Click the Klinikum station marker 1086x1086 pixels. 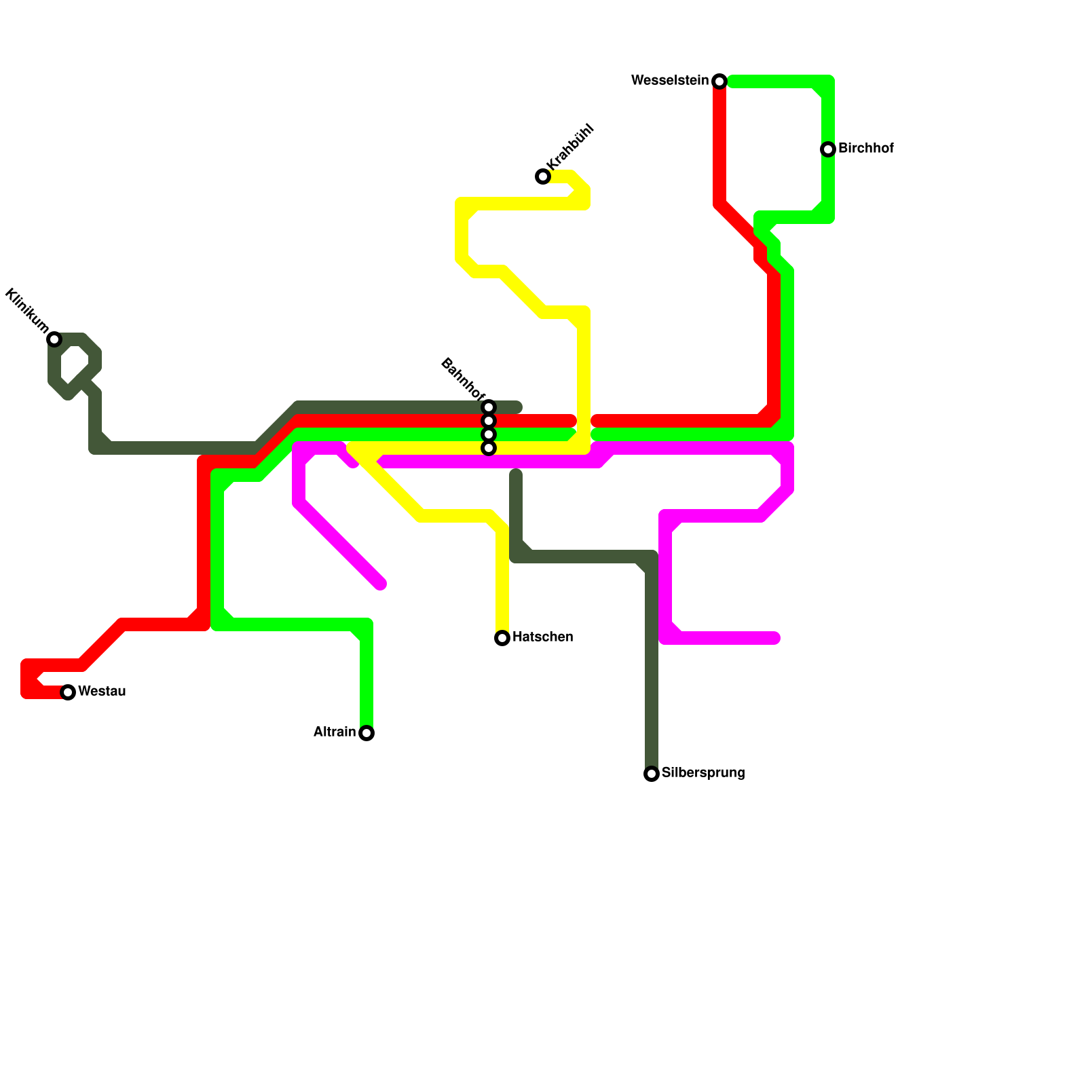coord(54,339)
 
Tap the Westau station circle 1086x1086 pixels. coord(68,692)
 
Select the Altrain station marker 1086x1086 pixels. coord(367,733)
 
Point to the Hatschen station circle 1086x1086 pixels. coord(502,638)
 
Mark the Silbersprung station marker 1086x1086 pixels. coord(652,774)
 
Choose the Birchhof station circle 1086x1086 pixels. coord(828,149)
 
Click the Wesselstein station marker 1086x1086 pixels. coord(719,81)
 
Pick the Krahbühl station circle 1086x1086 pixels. coord(543,176)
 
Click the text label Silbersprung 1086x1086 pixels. coord(703,773)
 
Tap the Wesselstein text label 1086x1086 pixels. coord(670,81)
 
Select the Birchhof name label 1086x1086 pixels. coord(866,149)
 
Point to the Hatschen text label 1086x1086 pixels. coord(543,637)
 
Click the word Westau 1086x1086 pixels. coord(102,692)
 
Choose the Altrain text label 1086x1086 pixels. coord(335,732)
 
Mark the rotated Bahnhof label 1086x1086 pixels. coord(463,379)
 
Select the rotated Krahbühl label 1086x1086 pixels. coord(570,147)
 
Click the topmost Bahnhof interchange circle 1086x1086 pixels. coord(489,407)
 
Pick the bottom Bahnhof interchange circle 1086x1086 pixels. coord(489,448)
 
